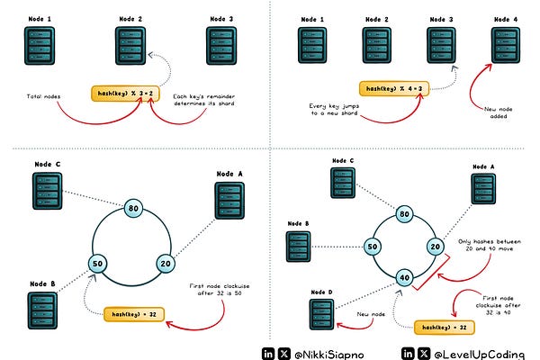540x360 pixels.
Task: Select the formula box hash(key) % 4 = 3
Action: tap(396, 89)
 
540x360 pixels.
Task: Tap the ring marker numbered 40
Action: tap(406, 277)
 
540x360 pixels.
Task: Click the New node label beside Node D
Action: tap(369, 318)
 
